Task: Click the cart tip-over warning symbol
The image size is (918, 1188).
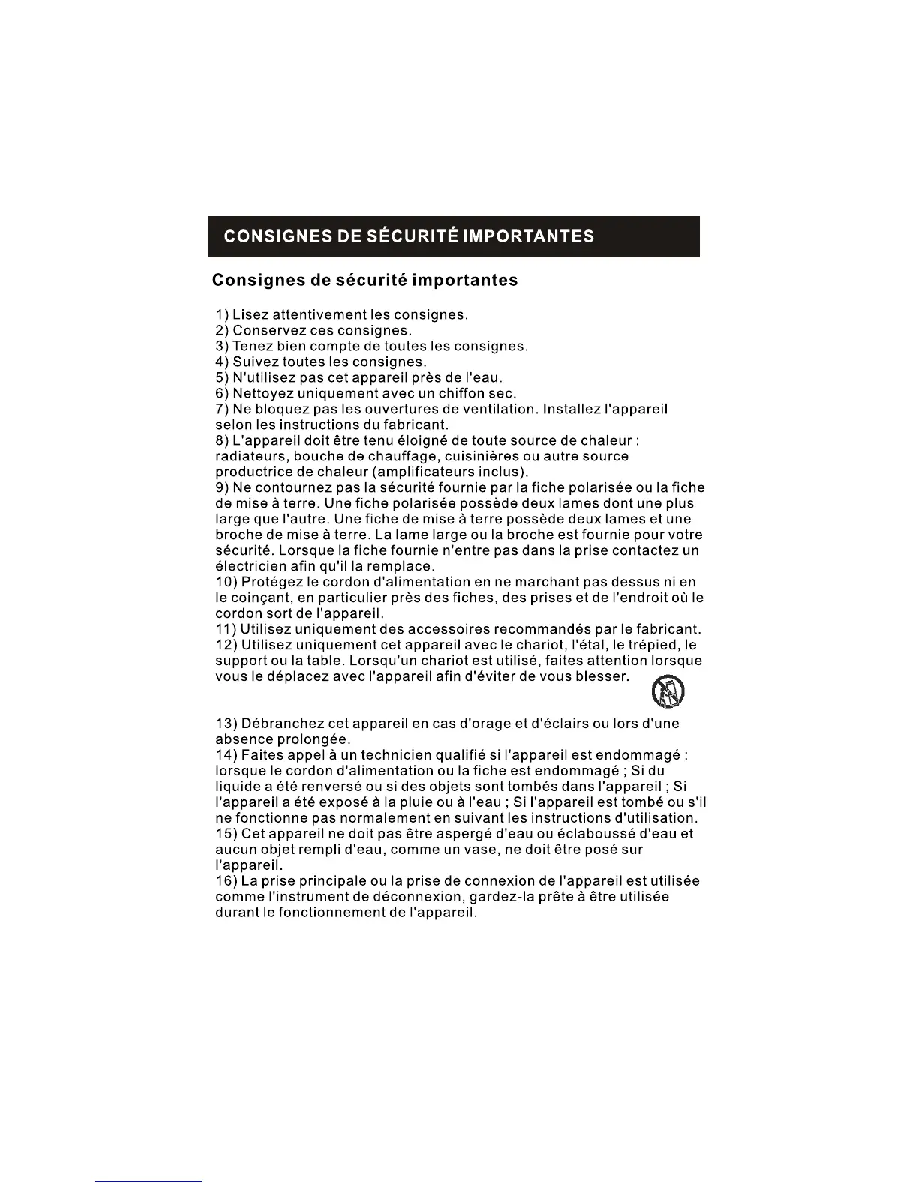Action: click(667, 692)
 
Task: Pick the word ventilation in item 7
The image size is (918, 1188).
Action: click(499, 409)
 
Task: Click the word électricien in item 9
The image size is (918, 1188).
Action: click(254, 566)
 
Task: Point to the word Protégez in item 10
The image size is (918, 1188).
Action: click(271, 582)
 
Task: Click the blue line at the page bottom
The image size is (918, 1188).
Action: click(148, 1181)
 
